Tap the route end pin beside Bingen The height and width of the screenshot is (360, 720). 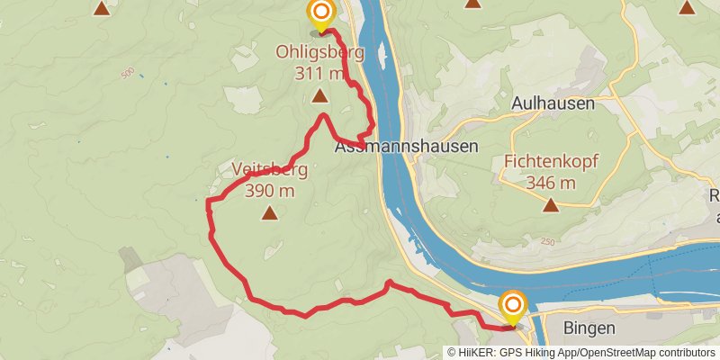513,306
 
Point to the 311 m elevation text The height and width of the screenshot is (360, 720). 319,73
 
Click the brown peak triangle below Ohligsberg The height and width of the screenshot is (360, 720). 319,95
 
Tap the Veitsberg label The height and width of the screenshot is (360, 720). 270,169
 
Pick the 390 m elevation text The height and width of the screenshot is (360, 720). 270,190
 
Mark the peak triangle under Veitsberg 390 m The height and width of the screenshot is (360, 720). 269,213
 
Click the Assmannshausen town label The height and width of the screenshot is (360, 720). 406,145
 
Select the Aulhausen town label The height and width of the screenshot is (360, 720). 553,103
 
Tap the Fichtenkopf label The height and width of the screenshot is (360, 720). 552,163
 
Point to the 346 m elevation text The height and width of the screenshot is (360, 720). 552,183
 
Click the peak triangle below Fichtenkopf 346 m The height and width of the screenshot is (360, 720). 551,206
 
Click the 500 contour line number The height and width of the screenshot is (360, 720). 126,73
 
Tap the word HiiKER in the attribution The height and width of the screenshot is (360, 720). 476,353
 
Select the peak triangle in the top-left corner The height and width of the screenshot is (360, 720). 102,9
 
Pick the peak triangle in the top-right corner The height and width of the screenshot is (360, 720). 687,9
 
